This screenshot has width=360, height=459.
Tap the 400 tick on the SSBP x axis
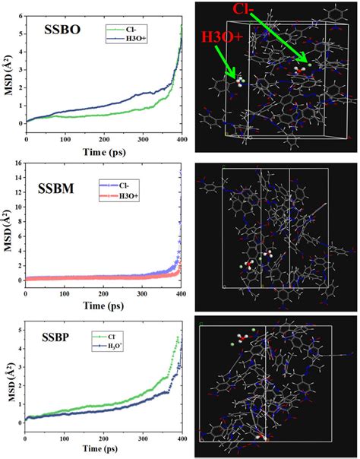182,439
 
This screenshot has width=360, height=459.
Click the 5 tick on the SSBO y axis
19,33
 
